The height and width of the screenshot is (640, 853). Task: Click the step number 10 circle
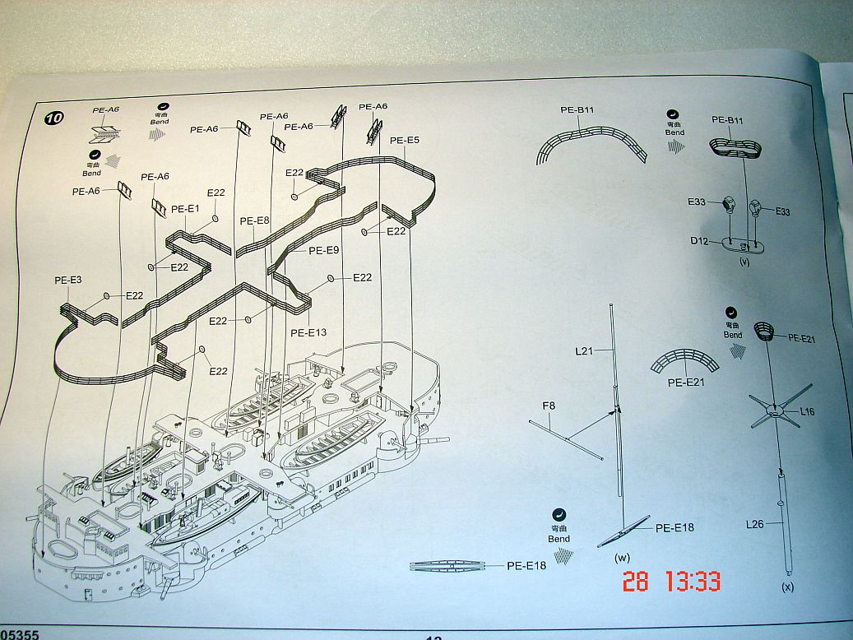pyautogui.click(x=53, y=118)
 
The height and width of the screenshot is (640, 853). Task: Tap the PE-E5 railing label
pyautogui.click(x=405, y=141)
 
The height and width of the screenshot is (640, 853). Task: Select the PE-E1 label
pyautogui.click(x=185, y=209)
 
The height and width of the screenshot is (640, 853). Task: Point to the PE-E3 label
pyautogui.click(x=68, y=280)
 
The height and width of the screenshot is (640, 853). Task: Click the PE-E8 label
pyautogui.click(x=255, y=220)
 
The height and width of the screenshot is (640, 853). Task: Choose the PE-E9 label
pyautogui.click(x=323, y=250)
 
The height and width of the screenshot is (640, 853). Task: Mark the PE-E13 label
pyautogui.click(x=308, y=332)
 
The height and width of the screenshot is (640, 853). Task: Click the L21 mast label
pyautogui.click(x=586, y=351)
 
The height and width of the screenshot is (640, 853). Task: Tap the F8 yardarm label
pyautogui.click(x=549, y=405)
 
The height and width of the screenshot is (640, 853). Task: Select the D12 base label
pyautogui.click(x=698, y=242)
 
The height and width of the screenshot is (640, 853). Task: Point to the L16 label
pyautogui.click(x=807, y=411)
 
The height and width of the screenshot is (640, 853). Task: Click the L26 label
pyautogui.click(x=756, y=522)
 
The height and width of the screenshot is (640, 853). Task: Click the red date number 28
pyautogui.click(x=635, y=582)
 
